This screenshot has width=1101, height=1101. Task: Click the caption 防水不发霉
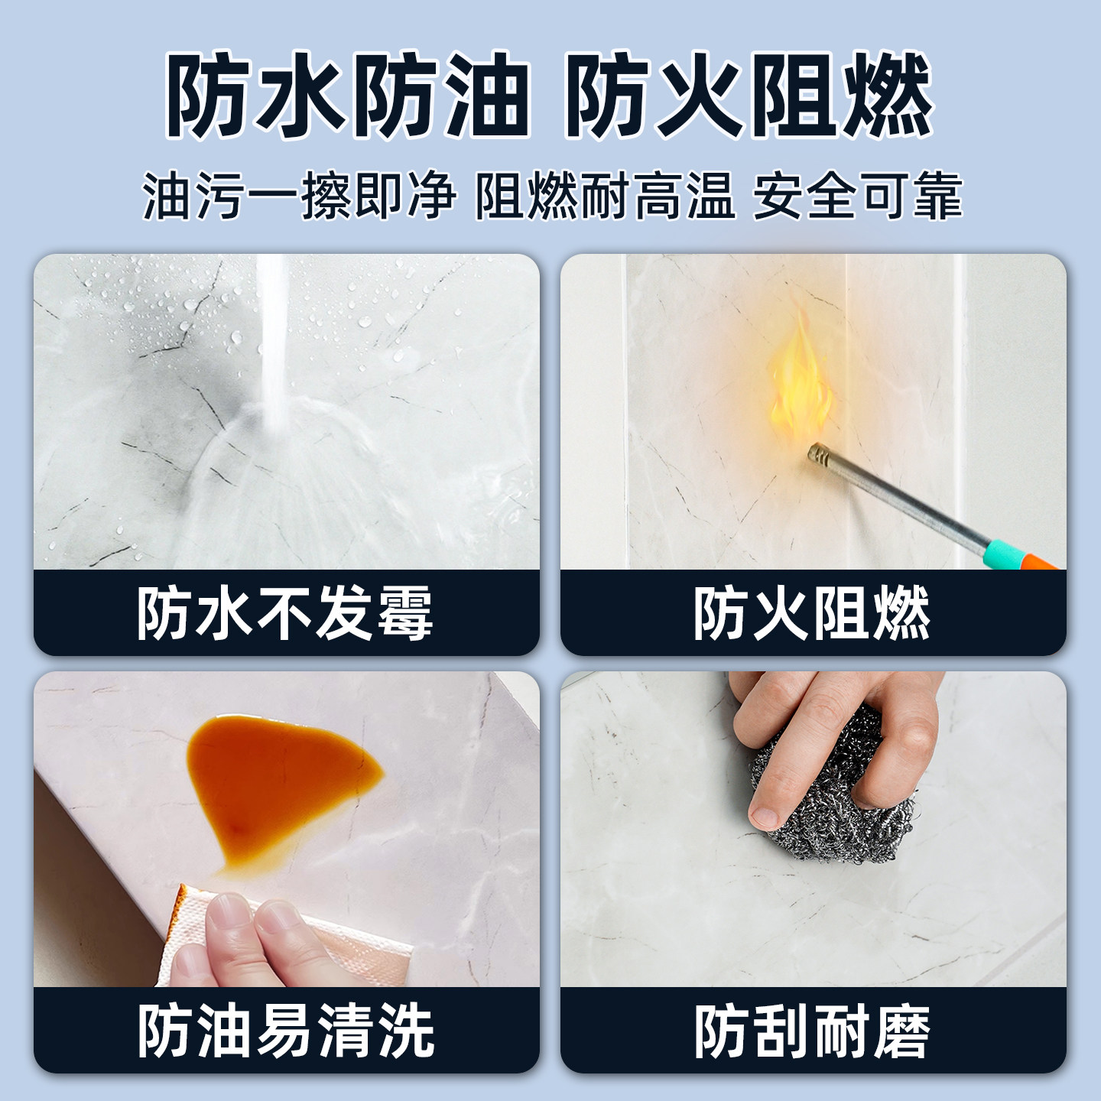pyautogui.click(x=285, y=613)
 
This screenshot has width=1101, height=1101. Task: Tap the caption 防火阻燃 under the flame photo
pyautogui.click(x=812, y=613)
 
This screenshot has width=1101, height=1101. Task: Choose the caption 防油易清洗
pyautogui.click(x=285, y=1031)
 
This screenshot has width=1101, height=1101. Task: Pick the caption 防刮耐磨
pyautogui.click(x=812, y=1031)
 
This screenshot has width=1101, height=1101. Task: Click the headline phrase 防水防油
pyautogui.click(x=348, y=96)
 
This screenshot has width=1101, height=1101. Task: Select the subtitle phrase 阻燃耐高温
pyautogui.click(x=604, y=196)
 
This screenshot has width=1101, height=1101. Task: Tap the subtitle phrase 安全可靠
pyautogui.click(x=857, y=196)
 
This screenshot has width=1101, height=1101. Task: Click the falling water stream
pyautogui.click(x=271, y=336)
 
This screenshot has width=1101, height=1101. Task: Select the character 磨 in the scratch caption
pyautogui.click(x=902, y=1031)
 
